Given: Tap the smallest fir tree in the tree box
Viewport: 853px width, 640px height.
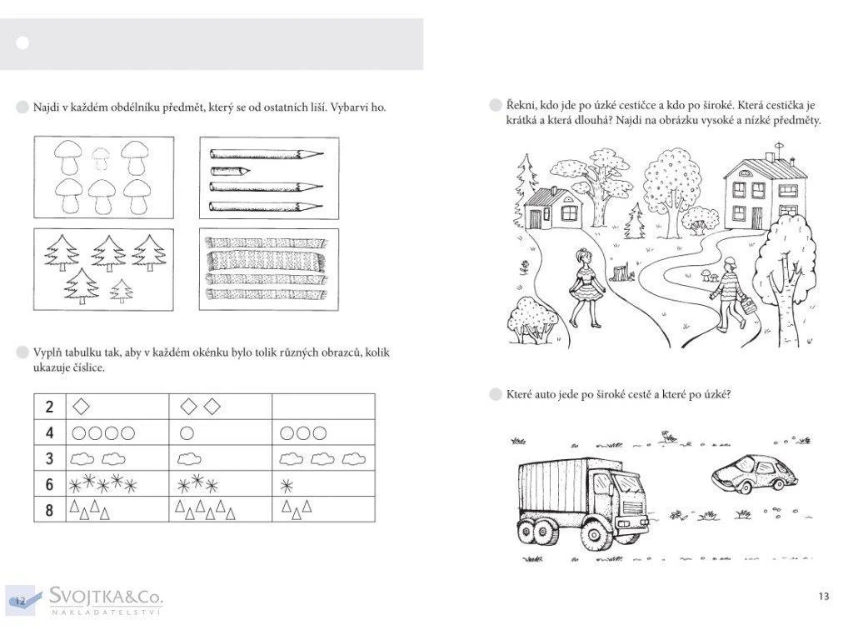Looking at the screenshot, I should click(x=122, y=290).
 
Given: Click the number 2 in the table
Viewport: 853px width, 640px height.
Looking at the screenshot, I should click(x=50, y=407).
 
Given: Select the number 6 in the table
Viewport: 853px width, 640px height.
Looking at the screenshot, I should click(x=50, y=484).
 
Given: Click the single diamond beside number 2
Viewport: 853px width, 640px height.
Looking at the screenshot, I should click(x=81, y=406).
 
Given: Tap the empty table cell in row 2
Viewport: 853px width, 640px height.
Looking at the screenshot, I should click(x=323, y=407).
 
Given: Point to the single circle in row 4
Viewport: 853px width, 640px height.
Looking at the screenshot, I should click(x=187, y=432).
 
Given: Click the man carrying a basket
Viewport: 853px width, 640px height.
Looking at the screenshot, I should click(x=730, y=293).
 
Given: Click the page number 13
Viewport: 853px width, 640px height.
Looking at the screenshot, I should click(x=824, y=596).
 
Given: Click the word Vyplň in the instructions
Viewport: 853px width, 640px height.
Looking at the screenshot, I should click(x=48, y=352).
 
